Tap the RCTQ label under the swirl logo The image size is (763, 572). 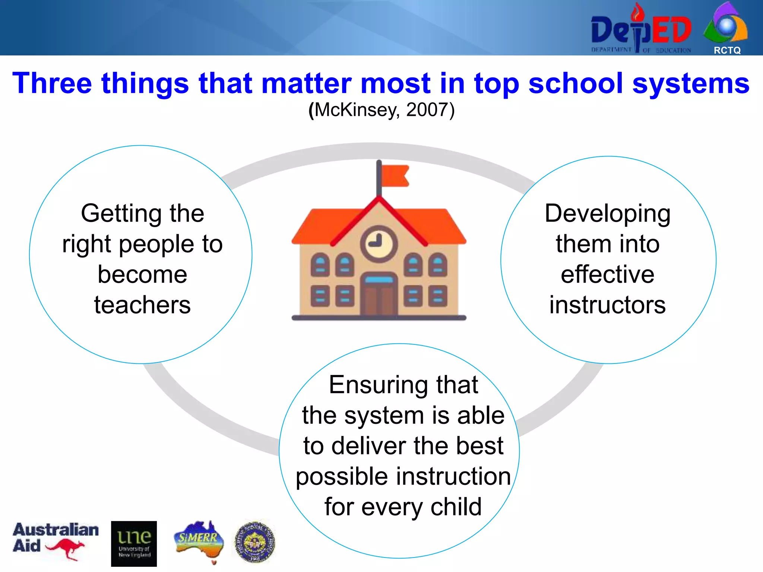(727, 50)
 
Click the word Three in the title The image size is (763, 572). (52, 83)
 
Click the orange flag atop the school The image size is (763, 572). (395, 175)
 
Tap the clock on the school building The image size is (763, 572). (379, 244)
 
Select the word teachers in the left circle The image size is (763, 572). (142, 305)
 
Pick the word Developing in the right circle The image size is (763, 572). (608, 214)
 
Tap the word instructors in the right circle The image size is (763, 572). (608, 305)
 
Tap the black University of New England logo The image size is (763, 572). (134, 544)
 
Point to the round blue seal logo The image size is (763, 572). (255, 541)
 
